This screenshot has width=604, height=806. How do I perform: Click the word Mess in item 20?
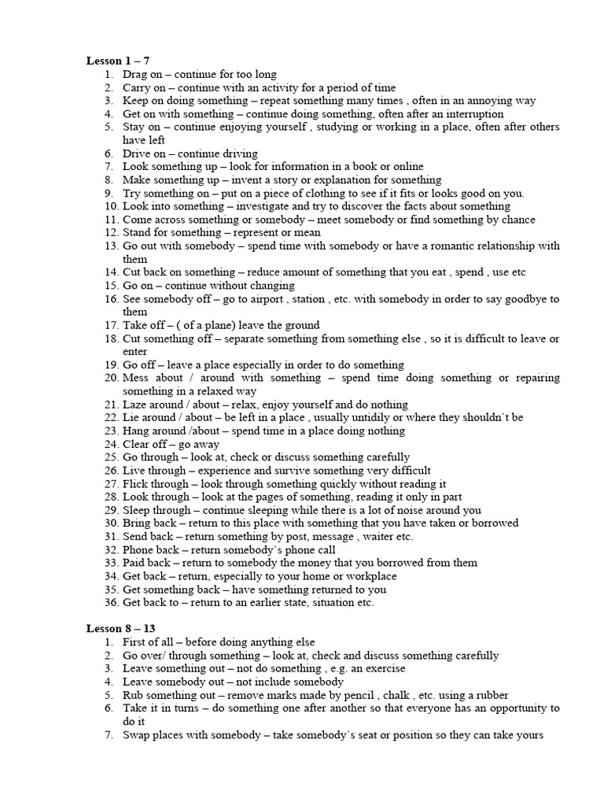coord(136,378)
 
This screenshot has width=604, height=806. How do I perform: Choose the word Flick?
coord(135,483)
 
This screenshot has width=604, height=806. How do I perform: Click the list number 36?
coord(109,602)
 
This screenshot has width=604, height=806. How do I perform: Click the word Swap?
coord(137,734)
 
